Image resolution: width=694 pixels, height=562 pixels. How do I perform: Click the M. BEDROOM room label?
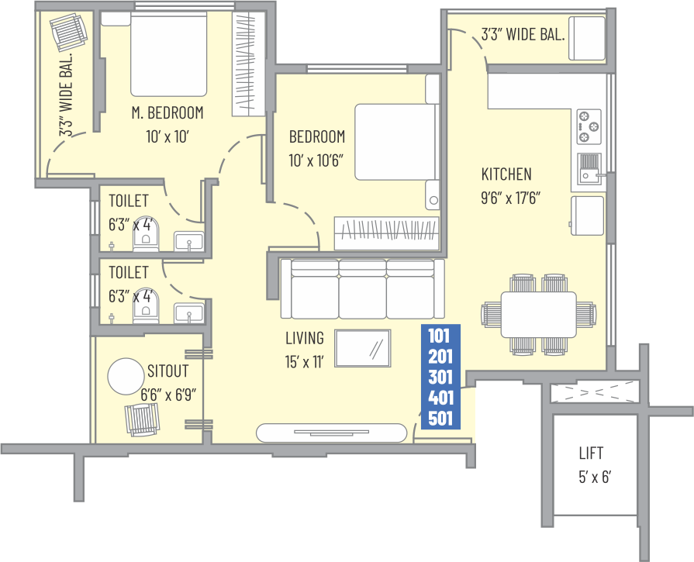167,113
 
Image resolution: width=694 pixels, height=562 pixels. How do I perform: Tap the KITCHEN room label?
506,174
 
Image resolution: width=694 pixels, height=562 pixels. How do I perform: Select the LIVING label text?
305,338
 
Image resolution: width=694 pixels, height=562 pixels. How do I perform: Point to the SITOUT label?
167,371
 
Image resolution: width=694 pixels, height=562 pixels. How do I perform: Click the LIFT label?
591,453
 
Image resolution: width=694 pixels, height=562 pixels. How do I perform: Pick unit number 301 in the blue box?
440,377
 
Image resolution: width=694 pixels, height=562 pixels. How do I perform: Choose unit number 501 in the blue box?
440,418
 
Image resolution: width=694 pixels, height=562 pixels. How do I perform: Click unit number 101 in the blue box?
439,336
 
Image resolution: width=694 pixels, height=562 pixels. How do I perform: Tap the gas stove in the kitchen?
589,126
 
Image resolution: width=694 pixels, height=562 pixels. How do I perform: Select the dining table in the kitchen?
539,315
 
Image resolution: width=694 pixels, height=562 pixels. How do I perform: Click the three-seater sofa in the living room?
362,288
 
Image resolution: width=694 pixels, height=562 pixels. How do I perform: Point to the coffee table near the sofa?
362,348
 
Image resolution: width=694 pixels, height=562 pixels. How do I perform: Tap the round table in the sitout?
126,376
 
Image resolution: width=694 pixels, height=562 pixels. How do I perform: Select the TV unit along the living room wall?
332,433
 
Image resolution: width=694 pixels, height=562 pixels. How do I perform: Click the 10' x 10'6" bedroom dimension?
316,160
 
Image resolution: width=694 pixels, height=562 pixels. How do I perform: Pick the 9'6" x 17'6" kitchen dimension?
511,198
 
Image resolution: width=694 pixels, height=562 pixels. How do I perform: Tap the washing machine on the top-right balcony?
587,38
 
